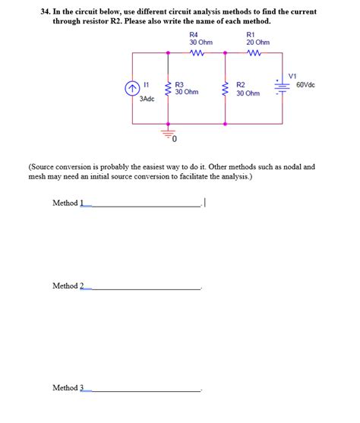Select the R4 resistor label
194,34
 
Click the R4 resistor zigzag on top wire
196,53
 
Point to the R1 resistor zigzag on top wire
253,53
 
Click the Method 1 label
68,203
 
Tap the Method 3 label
68,388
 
